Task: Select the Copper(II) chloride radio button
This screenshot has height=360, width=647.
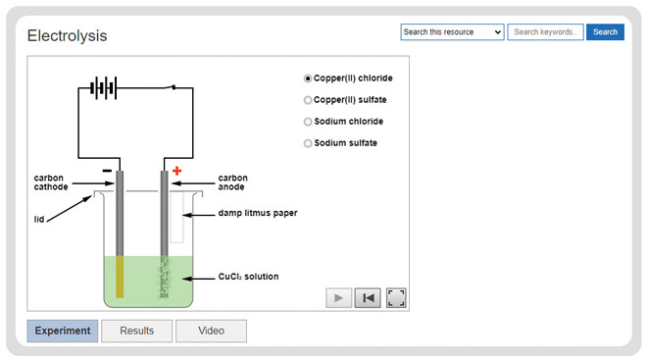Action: pyautogui.click(x=308, y=78)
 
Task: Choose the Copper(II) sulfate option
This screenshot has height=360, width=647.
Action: pyautogui.click(x=308, y=100)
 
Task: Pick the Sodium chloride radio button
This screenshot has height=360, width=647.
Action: pyautogui.click(x=308, y=122)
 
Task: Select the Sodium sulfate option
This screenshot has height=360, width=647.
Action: pyautogui.click(x=308, y=143)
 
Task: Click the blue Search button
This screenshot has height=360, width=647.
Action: pyautogui.click(x=605, y=32)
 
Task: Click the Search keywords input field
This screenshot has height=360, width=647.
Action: pyautogui.click(x=545, y=32)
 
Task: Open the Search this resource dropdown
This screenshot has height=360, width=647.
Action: pyautogui.click(x=452, y=32)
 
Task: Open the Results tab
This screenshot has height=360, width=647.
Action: pyautogui.click(x=136, y=331)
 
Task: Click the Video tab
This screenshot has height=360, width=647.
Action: pyautogui.click(x=211, y=331)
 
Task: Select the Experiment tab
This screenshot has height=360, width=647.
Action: pyautogui.click(x=63, y=331)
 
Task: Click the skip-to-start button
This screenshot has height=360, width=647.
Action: pyautogui.click(x=367, y=298)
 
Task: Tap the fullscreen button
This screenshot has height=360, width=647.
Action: pyautogui.click(x=396, y=298)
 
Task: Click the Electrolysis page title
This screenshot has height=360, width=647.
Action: pyautogui.click(x=67, y=36)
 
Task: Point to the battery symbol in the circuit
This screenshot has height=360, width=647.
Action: pyautogui.click(x=103, y=88)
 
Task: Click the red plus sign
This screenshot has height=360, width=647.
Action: pyautogui.click(x=177, y=172)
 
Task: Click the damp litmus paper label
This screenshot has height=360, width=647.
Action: pyautogui.click(x=258, y=213)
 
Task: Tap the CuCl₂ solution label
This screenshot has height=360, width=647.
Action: pyautogui.click(x=247, y=277)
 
